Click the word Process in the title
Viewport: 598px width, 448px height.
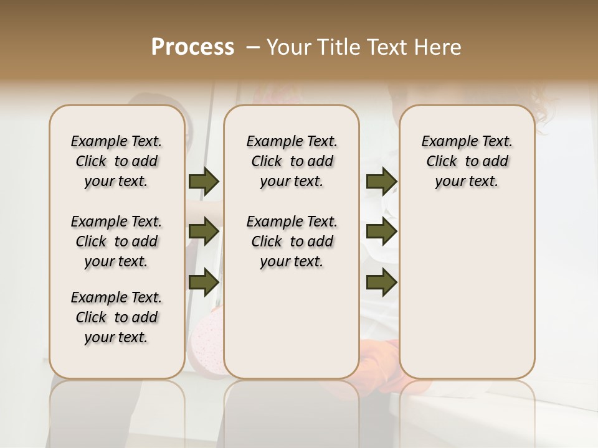tap(192, 47)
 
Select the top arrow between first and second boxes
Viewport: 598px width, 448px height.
tap(204, 181)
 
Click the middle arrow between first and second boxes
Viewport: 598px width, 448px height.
tap(204, 231)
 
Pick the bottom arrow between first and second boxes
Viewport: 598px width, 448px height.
tap(204, 282)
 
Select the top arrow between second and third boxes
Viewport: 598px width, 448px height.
tap(381, 181)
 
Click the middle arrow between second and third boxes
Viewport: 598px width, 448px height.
tap(381, 231)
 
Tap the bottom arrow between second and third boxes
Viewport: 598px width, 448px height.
tap(381, 282)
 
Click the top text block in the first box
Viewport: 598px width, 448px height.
tap(116, 161)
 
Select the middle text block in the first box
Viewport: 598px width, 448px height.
tap(116, 241)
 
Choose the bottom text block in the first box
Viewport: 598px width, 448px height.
tap(116, 317)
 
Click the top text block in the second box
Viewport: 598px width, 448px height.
tap(292, 161)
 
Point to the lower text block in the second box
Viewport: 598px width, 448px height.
tap(292, 241)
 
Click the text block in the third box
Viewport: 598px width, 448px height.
tap(467, 161)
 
